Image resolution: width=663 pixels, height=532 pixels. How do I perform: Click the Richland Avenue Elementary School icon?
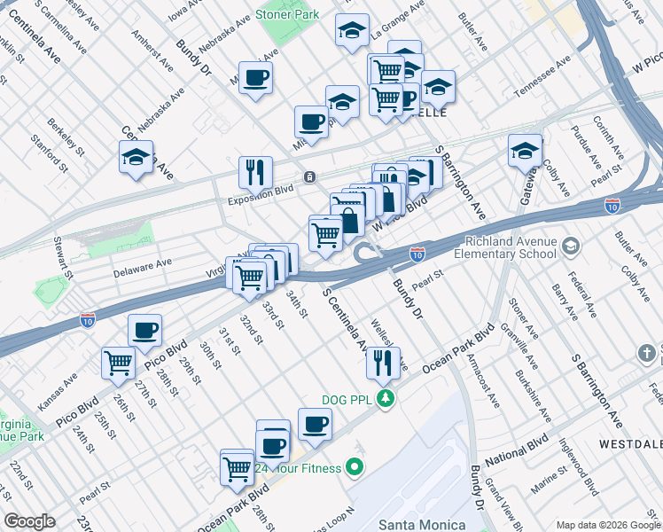(x=572, y=246)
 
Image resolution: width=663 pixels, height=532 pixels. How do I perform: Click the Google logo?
(x=29, y=521)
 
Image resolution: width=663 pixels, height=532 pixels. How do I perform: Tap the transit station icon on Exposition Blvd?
(x=308, y=176)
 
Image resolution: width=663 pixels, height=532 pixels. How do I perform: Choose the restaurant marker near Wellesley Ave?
(x=383, y=362)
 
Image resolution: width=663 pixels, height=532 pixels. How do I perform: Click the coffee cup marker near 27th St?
(x=144, y=330)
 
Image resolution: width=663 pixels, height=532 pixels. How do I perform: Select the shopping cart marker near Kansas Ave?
(x=118, y=362)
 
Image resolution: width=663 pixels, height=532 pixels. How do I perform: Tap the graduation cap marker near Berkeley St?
(x=136, y=157)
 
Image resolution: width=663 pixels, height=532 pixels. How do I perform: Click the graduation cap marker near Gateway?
(x=525, y=150)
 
